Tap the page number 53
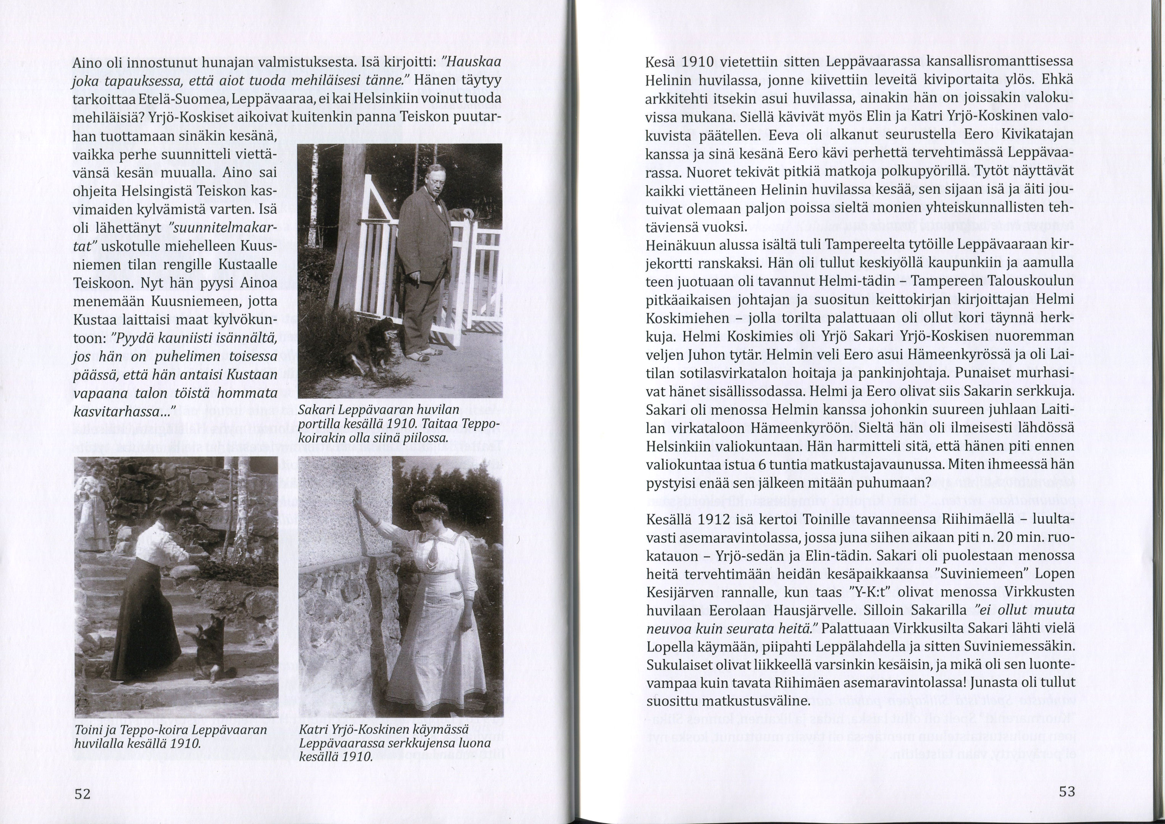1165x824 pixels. pos(1067,791)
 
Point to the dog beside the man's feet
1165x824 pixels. pos(373,345)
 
